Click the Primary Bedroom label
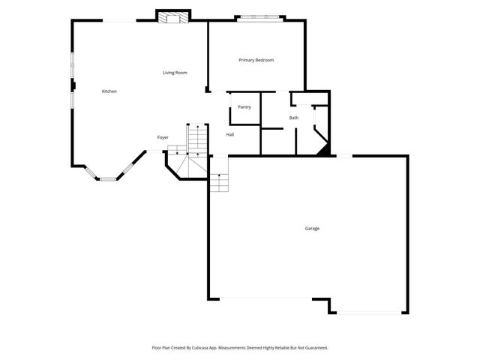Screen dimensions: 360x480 point(256,60)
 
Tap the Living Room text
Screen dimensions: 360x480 point(175,73)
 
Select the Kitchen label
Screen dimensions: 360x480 point(109,91)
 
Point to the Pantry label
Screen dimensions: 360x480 point(244,107)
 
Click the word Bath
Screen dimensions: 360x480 point(294,118)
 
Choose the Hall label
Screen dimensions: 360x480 point(230,135)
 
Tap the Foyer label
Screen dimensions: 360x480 point(163,137)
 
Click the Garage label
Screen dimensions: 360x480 point(312,228)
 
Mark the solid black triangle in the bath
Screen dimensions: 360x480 point(325,151)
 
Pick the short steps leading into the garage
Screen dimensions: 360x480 point(218,183)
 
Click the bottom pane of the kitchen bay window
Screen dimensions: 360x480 point(109,178)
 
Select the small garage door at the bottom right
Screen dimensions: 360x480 point(368,312)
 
